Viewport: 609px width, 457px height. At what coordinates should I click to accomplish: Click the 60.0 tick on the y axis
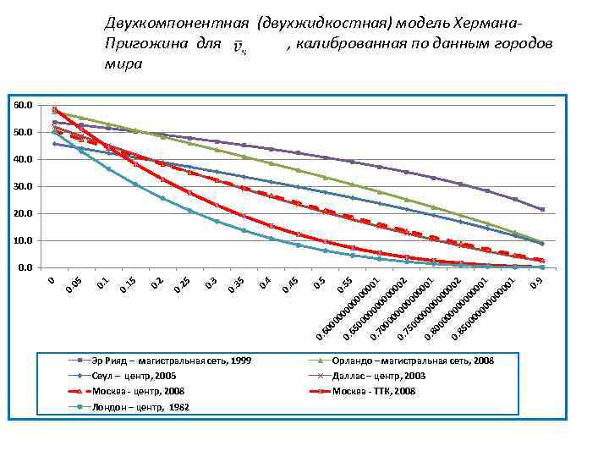(x=24, y=105)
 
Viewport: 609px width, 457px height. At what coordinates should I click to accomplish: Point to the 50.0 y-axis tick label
(x=24, y=132)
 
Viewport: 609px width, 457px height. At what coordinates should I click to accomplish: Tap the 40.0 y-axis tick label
(x=24, y=159)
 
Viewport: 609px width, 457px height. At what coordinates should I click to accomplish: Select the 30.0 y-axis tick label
(x=24, y=186)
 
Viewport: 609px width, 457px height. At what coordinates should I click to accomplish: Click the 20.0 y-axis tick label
(x=24, y=213)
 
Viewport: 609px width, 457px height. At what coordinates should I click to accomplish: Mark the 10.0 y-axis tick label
(x=24, y=240)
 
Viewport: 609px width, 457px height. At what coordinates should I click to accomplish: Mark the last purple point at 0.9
(x=542, y=209)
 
